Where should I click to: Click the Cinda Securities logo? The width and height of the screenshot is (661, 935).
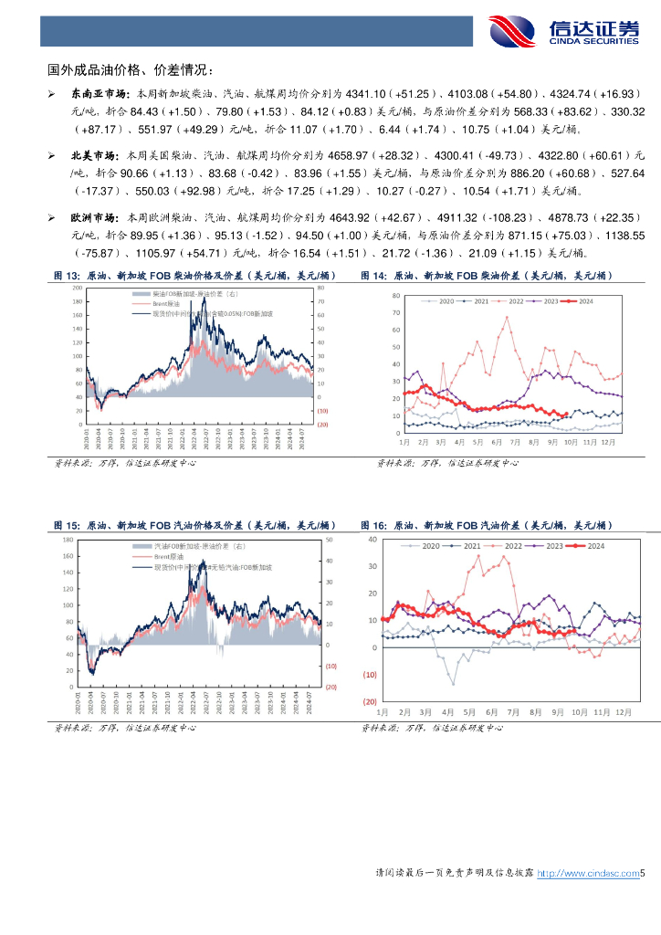(563, 31)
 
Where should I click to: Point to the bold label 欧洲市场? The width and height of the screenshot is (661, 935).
(91, 219)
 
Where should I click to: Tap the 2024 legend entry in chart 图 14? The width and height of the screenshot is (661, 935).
(580, 300)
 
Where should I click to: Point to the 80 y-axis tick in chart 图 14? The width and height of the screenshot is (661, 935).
(395, 296)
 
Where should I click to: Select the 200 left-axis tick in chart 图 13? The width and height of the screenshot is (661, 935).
(78, 288)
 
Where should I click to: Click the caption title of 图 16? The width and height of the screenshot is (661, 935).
(487, 526)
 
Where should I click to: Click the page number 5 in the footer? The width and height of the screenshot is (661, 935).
(643, 874)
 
